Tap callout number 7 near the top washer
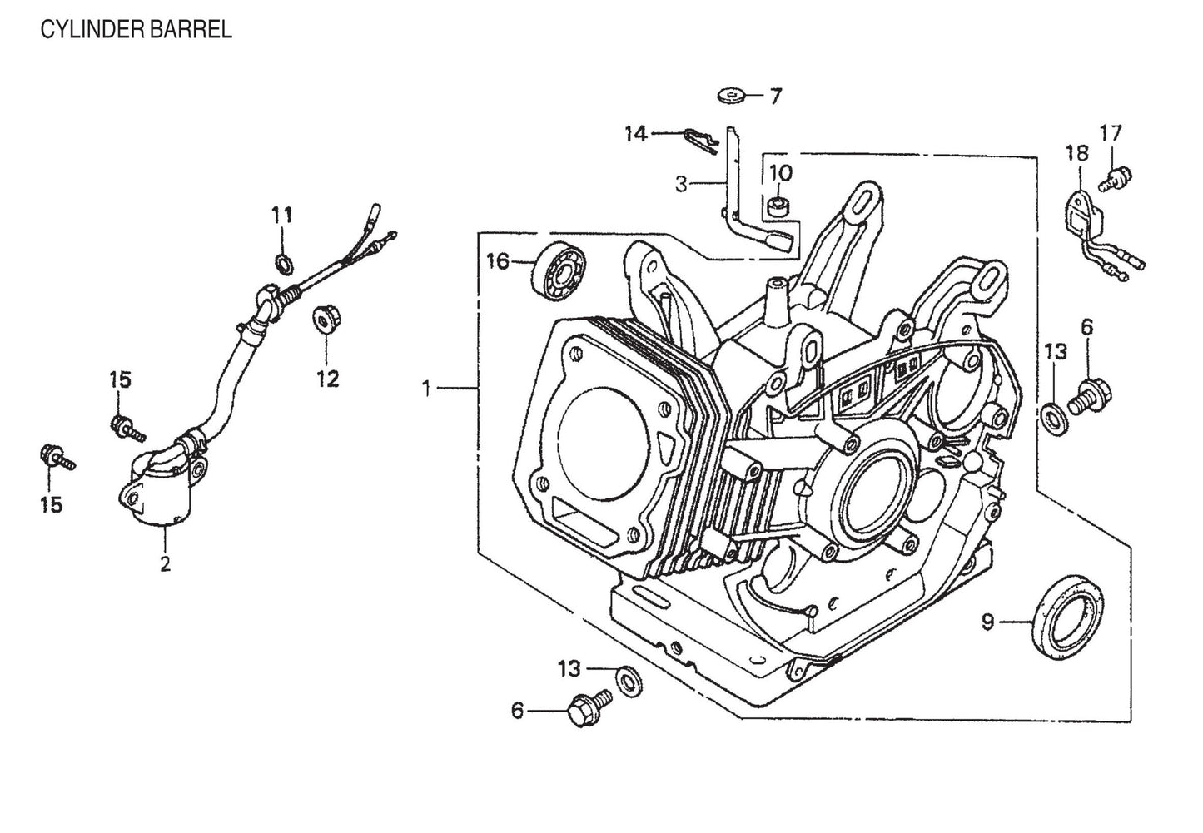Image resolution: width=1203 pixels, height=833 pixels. click(x=775, y=97)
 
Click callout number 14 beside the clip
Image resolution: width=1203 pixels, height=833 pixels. click(x=636, y=133)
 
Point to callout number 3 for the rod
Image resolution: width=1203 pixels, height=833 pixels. click(x=682, y=184)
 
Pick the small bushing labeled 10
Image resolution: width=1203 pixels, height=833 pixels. click(x=780, y=206)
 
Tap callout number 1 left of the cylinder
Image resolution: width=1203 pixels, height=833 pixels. click(x=426, y=388)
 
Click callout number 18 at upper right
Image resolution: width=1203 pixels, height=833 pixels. click(x=1076, y=153)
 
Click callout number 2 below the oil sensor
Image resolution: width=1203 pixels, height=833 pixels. click(x=165, y=563)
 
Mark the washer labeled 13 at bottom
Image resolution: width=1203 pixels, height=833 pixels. click(x=627, y=682)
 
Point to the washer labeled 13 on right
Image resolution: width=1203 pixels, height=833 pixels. click(x=1052, y=414)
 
